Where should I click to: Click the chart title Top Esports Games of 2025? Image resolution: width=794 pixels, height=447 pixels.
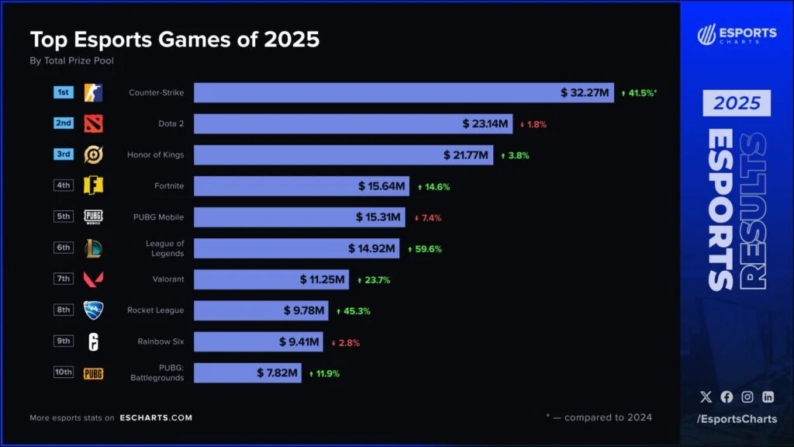pyautogui.click(x=174, y=40)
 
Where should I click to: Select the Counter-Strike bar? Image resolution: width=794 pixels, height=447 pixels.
pyautogui.click(x=372, y=93)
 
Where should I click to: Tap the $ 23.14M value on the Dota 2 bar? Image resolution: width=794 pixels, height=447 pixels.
pyautogui.click(x=485, y=124)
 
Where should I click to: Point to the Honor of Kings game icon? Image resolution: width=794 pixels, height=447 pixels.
pyautogui.click(x=93, y=154)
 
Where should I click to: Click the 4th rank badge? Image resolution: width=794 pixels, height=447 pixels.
pyautogui.click(x=64, y=185)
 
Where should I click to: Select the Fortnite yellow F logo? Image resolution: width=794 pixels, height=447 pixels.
pyautogui.click(x=93, y=185)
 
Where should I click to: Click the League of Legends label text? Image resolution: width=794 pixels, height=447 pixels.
pyautogui.click(x=164, y=248)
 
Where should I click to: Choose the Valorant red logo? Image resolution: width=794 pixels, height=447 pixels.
pyautogui.click(x=93, y=279)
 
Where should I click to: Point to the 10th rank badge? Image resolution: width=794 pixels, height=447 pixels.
pyautogui.click(x=64, y=372)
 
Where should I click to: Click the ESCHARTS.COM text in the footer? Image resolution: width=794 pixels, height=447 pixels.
pyautogui.click(x=156, y=418)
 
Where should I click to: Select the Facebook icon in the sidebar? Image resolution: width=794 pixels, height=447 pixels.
pyautogui.click(x=727, y=397)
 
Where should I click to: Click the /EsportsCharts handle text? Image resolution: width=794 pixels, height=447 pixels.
pyautogui.click(x=736, y=420)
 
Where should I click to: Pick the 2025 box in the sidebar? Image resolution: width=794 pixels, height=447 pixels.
pyautogui.click(x=737, y=103)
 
